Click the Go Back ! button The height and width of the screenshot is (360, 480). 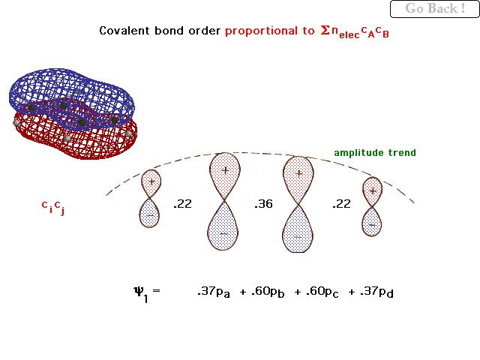(x=435, y=9)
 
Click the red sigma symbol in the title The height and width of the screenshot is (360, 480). (x=325, y=30)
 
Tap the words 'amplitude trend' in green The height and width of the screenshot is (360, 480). (x=375, y=153)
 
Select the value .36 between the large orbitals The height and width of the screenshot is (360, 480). (x=263, y=204)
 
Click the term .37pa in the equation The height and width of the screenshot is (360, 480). (x=214, y=292)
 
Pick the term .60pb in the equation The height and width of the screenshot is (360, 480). (x=268, y=292)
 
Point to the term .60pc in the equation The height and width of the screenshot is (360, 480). (x=322, y=292)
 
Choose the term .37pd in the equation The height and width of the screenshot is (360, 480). (x=376, y=292)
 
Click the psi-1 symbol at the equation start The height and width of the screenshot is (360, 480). (x=142, y=294)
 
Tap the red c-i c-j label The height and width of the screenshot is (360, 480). (x=53, y=207)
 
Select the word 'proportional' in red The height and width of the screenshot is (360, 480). (x=262, y=31)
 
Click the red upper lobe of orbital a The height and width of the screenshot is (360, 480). (x=151, y=184)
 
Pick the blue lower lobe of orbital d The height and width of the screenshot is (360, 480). (x=372, y=221)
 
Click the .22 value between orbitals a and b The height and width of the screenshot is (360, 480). (x=182, y=204)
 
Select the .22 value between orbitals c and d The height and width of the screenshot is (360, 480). (x=342, y=204)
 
